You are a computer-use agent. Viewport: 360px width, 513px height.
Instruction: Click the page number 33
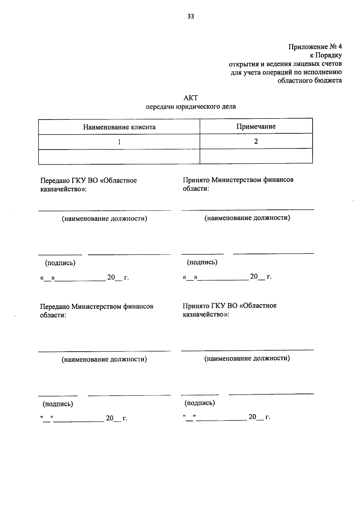190,16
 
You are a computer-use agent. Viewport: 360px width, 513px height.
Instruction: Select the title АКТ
190,98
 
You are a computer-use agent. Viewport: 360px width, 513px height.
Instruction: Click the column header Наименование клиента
119,127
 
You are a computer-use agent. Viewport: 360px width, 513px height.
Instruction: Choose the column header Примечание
256,126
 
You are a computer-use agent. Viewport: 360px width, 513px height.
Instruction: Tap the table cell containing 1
119,142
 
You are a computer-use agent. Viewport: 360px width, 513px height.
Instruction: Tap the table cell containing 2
256,141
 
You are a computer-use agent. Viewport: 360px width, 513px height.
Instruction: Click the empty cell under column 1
119,157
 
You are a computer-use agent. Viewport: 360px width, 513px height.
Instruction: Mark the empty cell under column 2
256,156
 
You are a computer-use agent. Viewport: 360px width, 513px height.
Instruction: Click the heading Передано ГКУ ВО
88,180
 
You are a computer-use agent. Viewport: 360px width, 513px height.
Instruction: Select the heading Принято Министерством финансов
238,180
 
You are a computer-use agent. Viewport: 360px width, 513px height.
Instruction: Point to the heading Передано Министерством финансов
97,307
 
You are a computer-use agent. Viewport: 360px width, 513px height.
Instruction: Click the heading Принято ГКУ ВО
229,306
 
